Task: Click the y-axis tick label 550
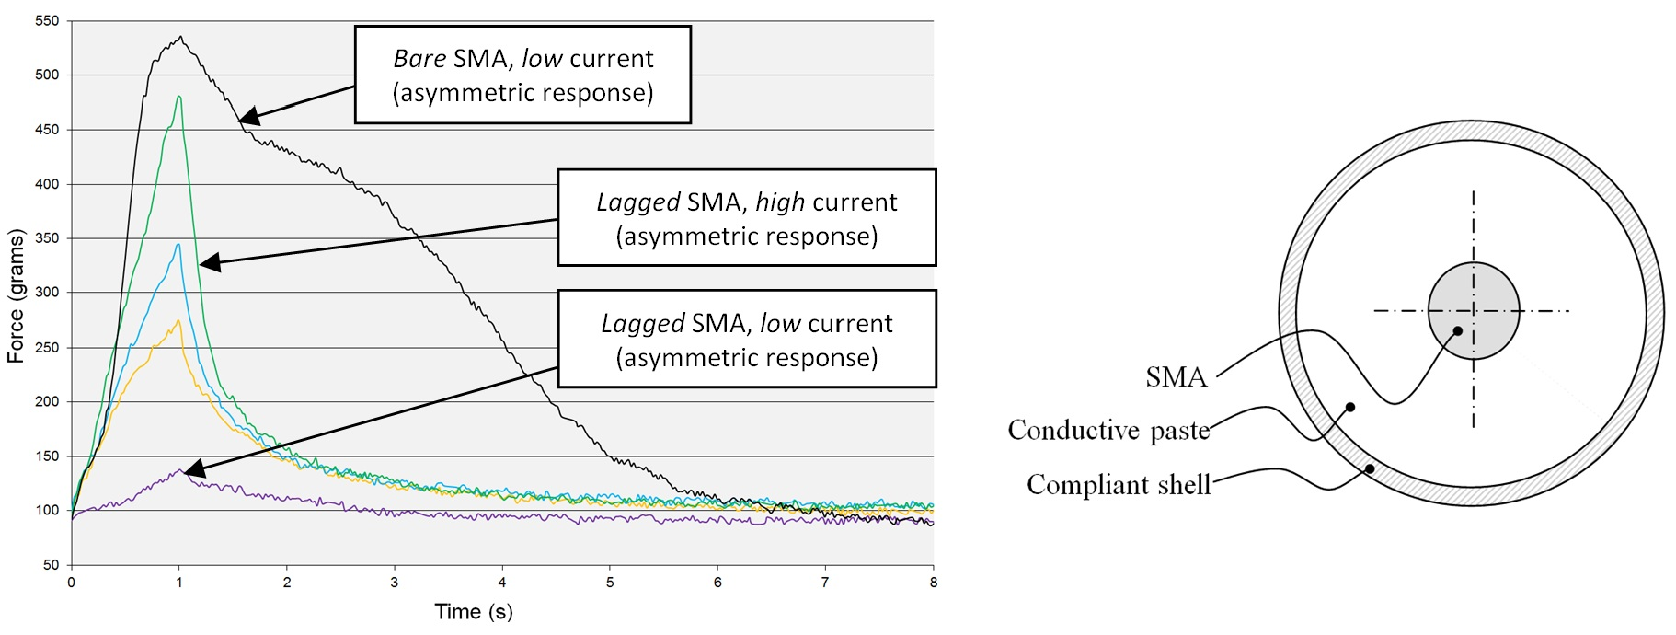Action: tap(46, 20)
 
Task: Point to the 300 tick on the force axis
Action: tap(46, 293)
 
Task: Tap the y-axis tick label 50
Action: tap(51, 565)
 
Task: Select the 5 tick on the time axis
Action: tap(610, 583)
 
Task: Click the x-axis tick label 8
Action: tap(933, 583)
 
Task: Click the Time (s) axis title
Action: tap(474, 612)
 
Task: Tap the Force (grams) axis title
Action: tap(16, 296)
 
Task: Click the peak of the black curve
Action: tap(181, 38)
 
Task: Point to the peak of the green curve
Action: tap(179, 97)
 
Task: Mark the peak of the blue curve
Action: tap(178, 245)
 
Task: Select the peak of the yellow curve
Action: tap(178, 321)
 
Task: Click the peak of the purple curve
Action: tap(181, 469)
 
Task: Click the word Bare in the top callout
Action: tap(419, 59)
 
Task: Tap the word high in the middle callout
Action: tap(779, 202)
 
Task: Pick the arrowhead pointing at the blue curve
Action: tap(208, 264)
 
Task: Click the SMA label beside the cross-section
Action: tap(1176, 377)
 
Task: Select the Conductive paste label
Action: tap(1108, 431)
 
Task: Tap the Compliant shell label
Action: tap(1119, 485)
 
